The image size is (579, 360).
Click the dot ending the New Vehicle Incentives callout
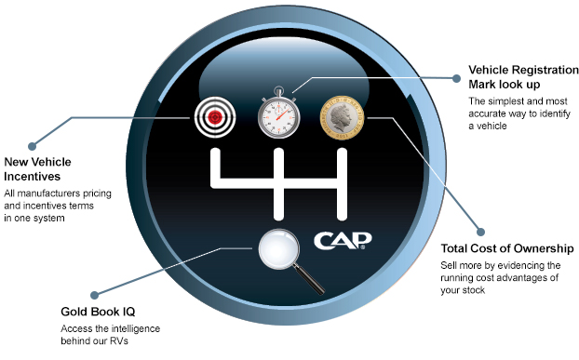32,146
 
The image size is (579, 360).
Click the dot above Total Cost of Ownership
481,230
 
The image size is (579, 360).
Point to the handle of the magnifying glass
303,269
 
